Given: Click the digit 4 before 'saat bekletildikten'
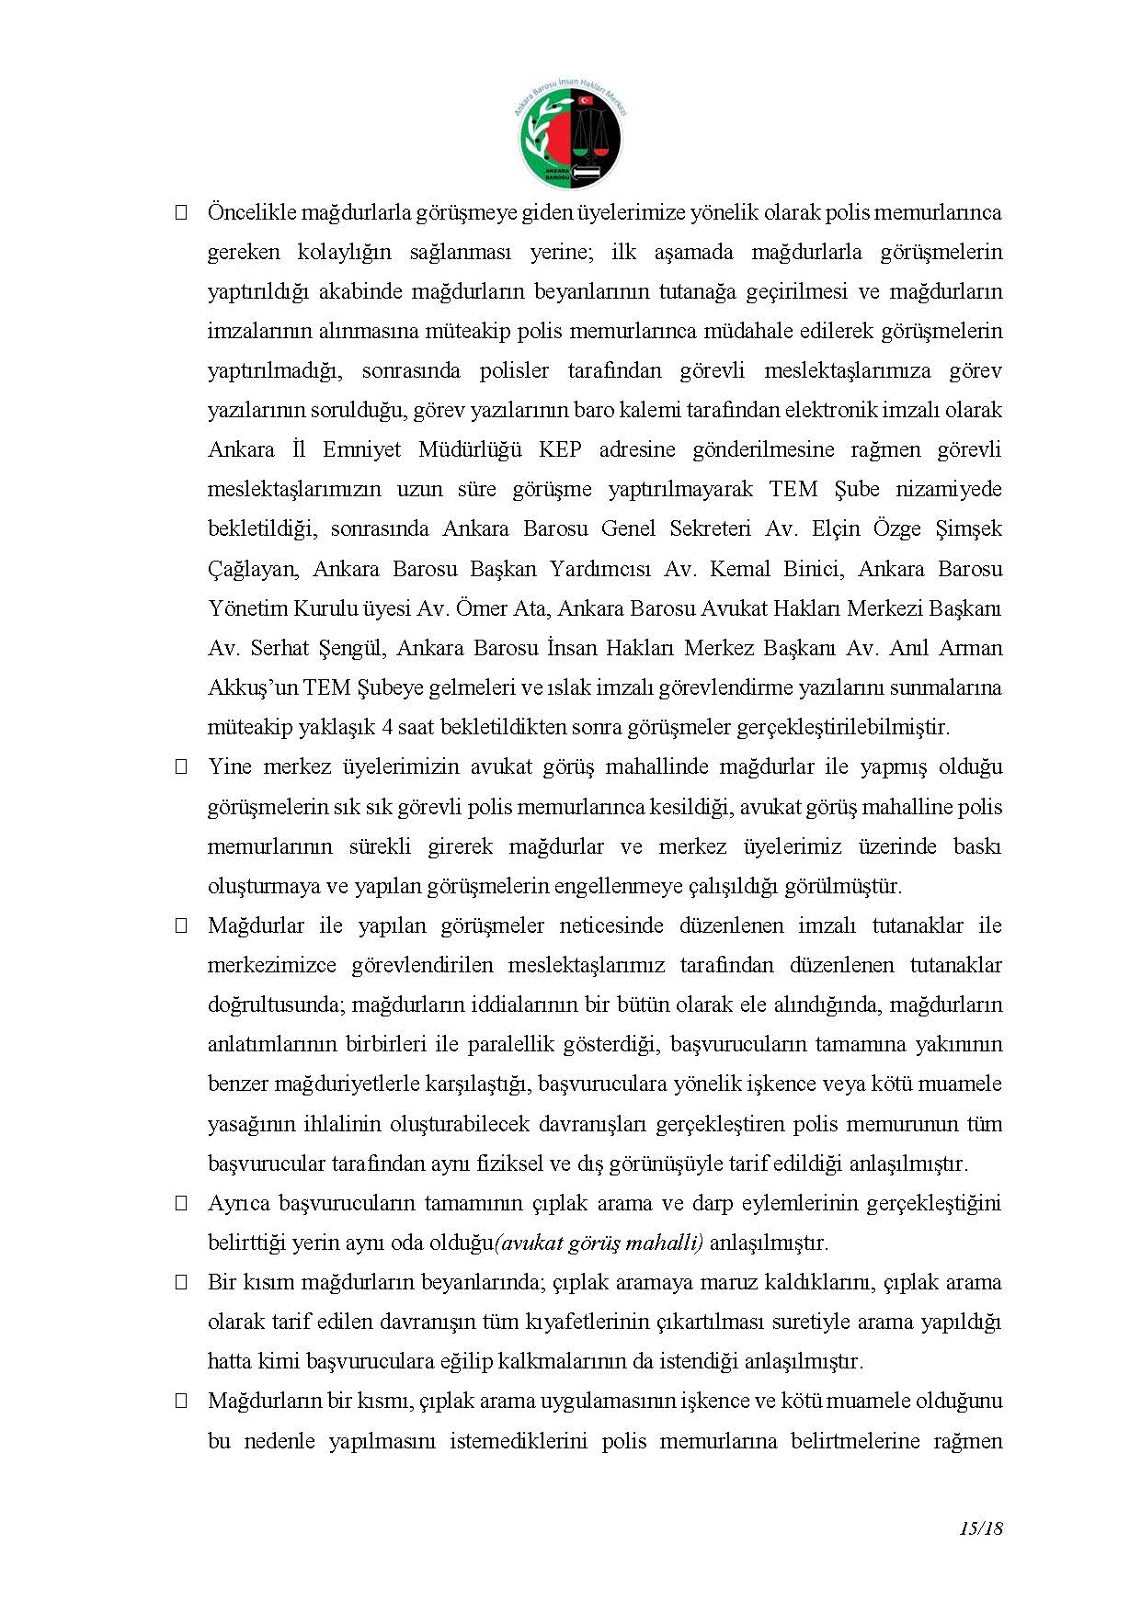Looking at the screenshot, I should click(x=388, y=728).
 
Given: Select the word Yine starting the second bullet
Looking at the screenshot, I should click(x=229, y=767).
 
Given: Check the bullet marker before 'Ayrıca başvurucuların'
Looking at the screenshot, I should click(x=181, y=1204).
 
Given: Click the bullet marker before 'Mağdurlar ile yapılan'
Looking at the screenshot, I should click(x=181, y=926).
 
